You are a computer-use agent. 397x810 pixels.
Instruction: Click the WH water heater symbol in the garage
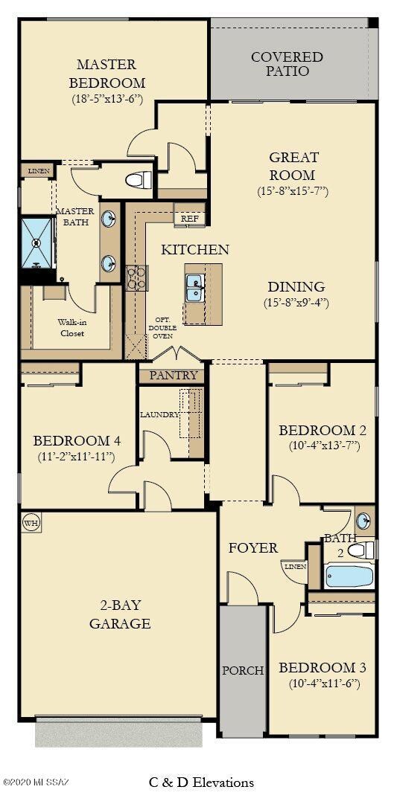coord(31,521)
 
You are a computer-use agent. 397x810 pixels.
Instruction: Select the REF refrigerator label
coord(189,219)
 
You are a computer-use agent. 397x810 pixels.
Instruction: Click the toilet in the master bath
coord(139,180)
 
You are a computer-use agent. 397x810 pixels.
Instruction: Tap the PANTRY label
coord(174,376)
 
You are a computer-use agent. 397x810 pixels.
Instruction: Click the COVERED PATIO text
coord(287,64)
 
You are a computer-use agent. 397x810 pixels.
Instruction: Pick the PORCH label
coord(243,670)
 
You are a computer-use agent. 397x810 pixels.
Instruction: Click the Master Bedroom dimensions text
coord(107,99)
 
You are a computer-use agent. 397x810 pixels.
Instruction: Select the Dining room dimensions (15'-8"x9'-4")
coord(296,303)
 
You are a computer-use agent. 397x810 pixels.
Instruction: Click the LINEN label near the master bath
coord(39,171)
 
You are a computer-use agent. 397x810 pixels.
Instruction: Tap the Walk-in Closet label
coord(72,328)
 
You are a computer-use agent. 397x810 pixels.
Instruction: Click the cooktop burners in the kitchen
coord(137,277)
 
